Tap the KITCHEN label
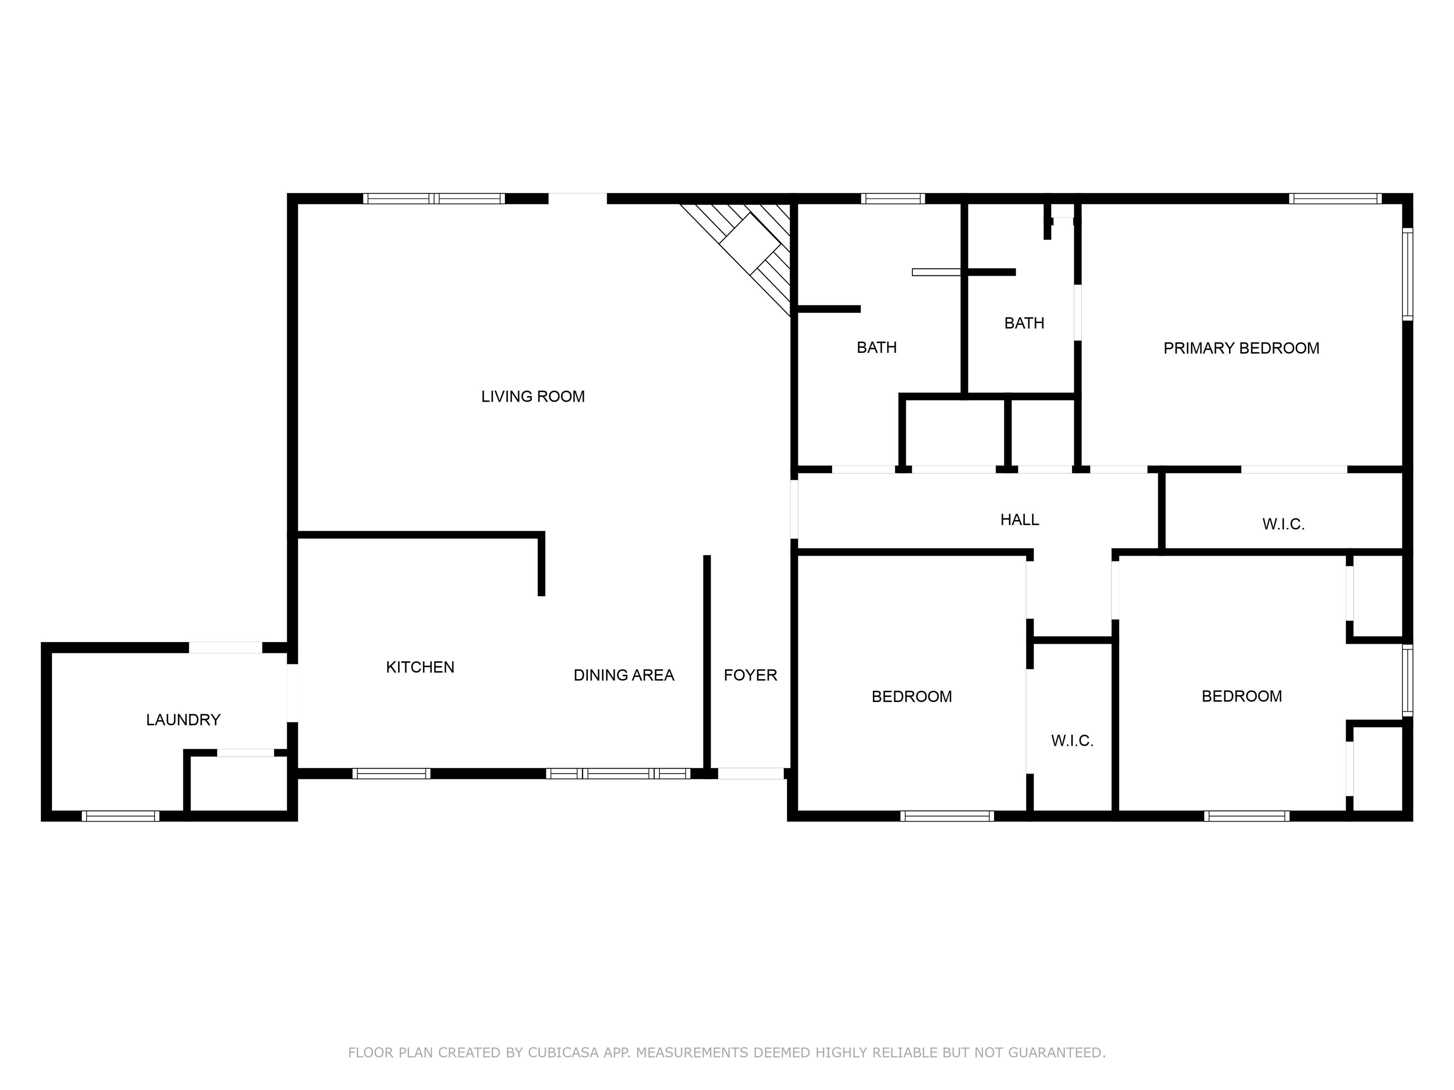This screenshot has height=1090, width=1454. [420, 667]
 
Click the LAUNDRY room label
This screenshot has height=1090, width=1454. [183, 720]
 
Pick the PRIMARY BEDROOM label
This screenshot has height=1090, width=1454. [1241, 348]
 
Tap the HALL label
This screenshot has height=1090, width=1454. [1020, 520]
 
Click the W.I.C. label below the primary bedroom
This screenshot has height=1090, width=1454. [1283, 524]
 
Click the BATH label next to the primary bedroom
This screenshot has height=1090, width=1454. [1024, 323]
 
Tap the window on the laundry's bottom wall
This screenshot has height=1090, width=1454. [120, 816]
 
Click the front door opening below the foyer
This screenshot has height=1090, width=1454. [751, 774]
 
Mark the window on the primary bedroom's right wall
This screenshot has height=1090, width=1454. [1407, 274]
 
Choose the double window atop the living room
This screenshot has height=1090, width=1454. [434, 198]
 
